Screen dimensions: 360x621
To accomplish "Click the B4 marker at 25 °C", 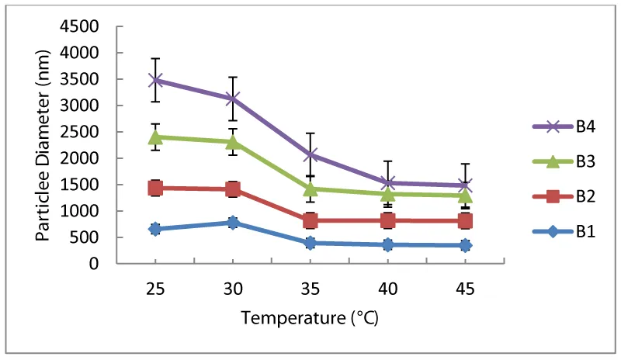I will (155, 80).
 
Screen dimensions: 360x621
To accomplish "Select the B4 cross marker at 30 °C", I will (233, 99).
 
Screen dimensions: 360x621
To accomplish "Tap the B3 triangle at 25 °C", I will (155, 137).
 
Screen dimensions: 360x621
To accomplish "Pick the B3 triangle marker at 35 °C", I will (310, 189).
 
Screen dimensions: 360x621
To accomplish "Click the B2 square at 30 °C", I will (233, 189).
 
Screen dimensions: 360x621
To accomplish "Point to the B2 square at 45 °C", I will (466, 221).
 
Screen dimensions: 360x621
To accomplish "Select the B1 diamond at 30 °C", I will (233, 223).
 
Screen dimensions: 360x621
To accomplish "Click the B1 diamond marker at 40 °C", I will (388, 245).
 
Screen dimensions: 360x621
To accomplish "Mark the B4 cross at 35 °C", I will (310, 154).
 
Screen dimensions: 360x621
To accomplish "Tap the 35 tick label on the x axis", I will (310, 288).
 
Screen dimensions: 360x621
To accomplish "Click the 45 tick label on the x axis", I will (466, 288).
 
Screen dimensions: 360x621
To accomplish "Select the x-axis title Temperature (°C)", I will (310, 317).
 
